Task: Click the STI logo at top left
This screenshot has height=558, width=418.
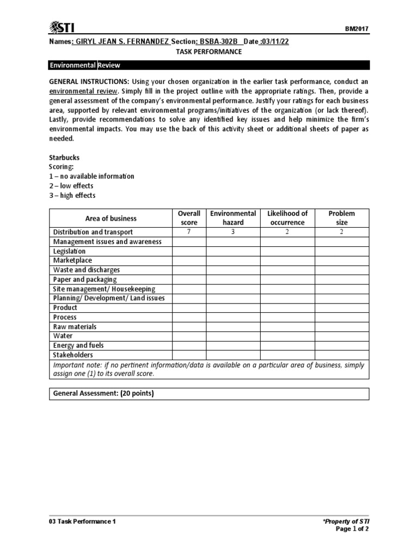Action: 62,27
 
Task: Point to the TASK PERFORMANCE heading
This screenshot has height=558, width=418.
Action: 209,51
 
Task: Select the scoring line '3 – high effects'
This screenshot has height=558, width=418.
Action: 72,195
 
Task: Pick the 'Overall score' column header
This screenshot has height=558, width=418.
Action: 189,218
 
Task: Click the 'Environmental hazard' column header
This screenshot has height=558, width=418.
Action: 233,218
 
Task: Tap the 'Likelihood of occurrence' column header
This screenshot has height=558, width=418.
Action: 287,218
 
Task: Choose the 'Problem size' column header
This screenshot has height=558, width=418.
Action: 342,218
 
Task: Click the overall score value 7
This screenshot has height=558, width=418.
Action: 189,232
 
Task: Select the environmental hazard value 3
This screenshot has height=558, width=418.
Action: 233,232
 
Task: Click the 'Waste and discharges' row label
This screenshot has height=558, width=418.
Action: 86,270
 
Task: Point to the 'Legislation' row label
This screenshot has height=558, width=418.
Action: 69,251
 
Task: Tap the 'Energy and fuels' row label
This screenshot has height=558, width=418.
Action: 78,345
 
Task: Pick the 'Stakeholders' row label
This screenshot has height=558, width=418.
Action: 73,355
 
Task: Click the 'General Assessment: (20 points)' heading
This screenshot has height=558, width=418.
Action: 103,393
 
